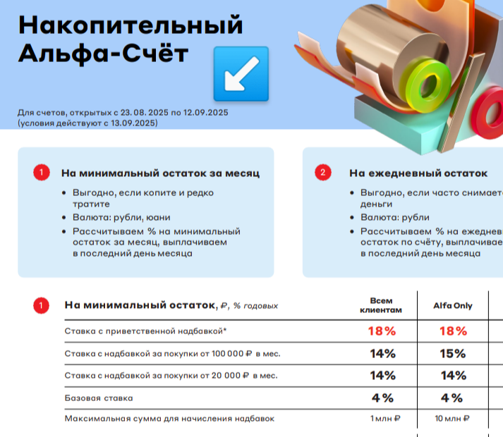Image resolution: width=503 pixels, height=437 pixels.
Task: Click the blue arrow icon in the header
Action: (241, 74)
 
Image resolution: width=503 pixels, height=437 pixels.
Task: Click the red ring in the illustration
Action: (488, 113)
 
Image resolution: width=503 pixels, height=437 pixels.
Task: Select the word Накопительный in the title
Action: (131, 25)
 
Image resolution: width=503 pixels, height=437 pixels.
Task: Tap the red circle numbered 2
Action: (322, 173)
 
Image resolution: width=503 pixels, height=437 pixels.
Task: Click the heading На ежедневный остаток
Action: (418, 173)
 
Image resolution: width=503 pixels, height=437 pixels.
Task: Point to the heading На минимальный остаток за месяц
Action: (160, 173)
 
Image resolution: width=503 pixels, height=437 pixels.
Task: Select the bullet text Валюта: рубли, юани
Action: (121, 217)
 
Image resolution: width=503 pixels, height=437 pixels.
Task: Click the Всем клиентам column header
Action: (381, 305)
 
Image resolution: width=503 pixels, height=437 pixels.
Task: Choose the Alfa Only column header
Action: (453, 305)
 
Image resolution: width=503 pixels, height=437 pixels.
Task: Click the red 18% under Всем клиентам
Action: (382, 331)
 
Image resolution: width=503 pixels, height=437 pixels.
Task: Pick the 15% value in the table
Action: (453, 354)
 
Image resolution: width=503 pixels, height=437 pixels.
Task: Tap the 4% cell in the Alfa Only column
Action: (452, 398)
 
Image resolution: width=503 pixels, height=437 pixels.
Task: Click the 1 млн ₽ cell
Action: (385, 419)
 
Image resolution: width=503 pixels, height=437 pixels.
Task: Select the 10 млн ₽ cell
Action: (452, 419)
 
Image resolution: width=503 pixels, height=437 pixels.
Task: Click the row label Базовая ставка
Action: (99, 398)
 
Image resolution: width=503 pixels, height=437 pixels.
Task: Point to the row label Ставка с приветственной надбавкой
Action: (145, 331)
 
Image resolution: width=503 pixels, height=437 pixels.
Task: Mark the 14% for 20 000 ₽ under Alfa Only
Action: (454, 376)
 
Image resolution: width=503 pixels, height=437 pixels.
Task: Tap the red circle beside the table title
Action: (41, 305)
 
